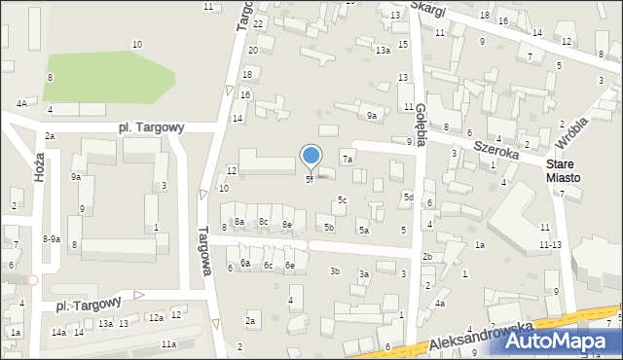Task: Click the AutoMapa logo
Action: (565, 342)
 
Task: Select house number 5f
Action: (310, 179)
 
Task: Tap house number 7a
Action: (347, 159)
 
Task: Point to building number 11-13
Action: (550, 245)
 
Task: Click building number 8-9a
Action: (52, 238)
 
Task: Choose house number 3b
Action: (335, 270)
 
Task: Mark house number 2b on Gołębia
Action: (426, 256)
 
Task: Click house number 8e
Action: (287, 225)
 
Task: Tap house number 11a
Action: (168, 343)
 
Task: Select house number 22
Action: (258, 22)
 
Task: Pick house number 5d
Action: (409, 198)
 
